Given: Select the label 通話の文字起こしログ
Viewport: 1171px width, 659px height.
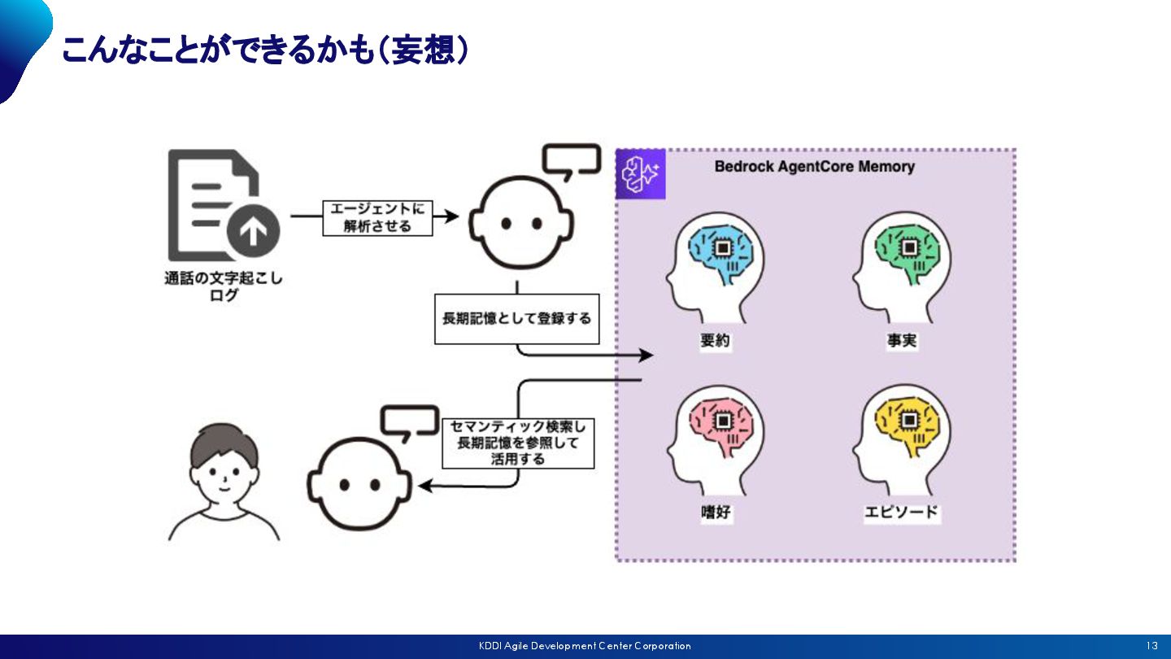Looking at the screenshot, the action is tap(224, 286).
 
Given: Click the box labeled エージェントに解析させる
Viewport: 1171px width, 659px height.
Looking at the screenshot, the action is tap(377, 217).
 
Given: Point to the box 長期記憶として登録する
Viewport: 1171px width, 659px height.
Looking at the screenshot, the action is tap(516, 318).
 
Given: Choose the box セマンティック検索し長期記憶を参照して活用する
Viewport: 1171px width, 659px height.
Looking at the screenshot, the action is tap(518, 443).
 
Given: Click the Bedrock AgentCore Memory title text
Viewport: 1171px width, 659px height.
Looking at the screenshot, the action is tap(814, 167).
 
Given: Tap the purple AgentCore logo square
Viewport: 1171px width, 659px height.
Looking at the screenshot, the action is tap(641, 174).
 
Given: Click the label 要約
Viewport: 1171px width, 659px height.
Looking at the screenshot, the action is tap(716, 341).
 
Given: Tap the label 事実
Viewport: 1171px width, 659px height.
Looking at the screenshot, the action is tap(902, 341).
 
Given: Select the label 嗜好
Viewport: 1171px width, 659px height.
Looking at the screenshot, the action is tap(716, 513).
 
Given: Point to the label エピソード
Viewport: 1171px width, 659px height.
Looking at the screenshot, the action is tap(901, 513).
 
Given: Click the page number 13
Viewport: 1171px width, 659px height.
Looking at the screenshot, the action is tap(1152, 646).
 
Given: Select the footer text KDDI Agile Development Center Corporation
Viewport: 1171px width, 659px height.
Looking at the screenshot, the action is tap(585, 646).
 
